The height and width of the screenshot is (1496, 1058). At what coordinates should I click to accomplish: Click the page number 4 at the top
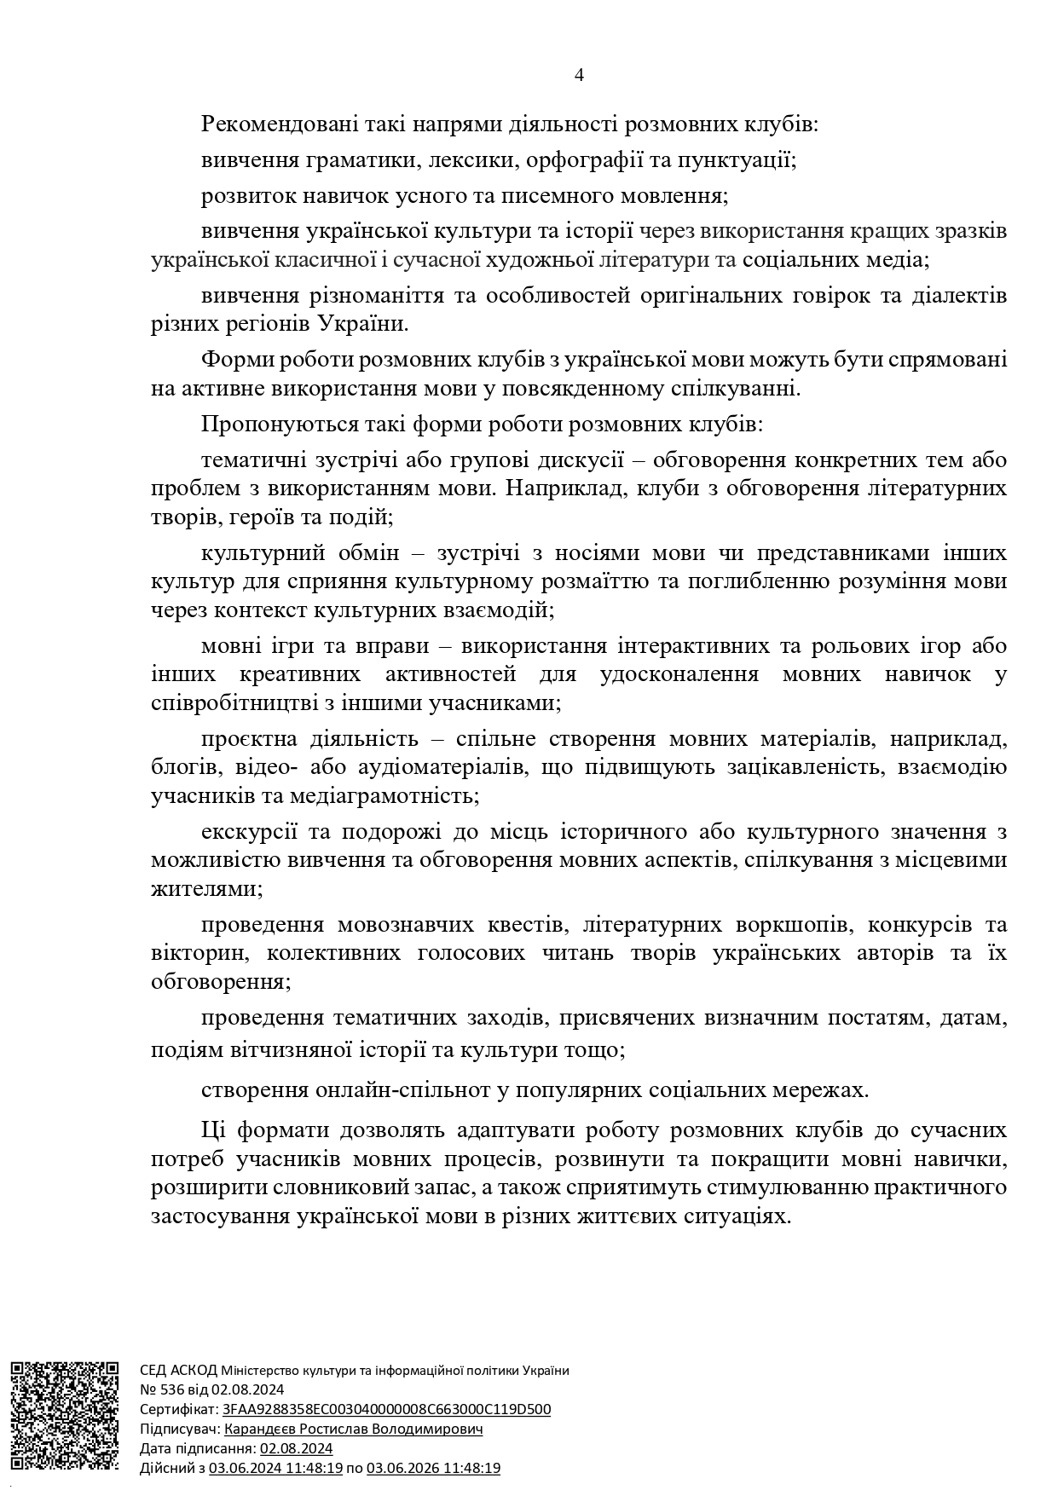click(x=579, y=75)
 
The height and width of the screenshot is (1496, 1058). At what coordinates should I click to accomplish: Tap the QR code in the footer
click(x=64, y=1416)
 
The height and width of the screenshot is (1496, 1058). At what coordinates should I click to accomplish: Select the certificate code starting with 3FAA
click(x=386, y=1409)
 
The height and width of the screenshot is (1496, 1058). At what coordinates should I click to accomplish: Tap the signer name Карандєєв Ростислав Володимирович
click(x=353, y=1429)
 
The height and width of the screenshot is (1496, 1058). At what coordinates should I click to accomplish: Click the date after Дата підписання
click(x=296, y=1448)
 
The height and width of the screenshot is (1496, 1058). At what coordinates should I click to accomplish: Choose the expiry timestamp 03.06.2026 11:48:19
click(x=433, y=1468)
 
